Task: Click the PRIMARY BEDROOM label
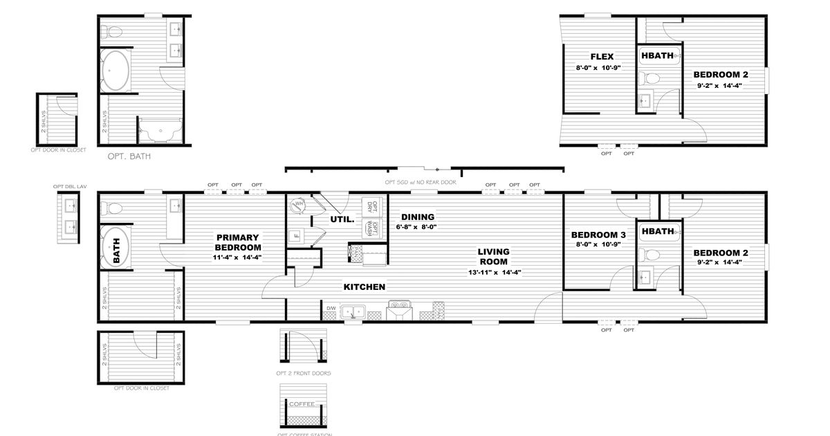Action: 237,242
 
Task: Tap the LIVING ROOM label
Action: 494,257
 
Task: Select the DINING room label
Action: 418,217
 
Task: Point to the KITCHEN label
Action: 365,287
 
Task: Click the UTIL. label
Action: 342,219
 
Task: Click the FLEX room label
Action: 602,57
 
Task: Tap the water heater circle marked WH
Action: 298,204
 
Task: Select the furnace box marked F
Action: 297,234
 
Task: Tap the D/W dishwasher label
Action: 331,308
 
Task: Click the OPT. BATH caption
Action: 129,156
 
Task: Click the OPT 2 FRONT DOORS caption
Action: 303,373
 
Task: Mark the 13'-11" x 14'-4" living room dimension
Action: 494,273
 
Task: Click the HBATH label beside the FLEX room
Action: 658,56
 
